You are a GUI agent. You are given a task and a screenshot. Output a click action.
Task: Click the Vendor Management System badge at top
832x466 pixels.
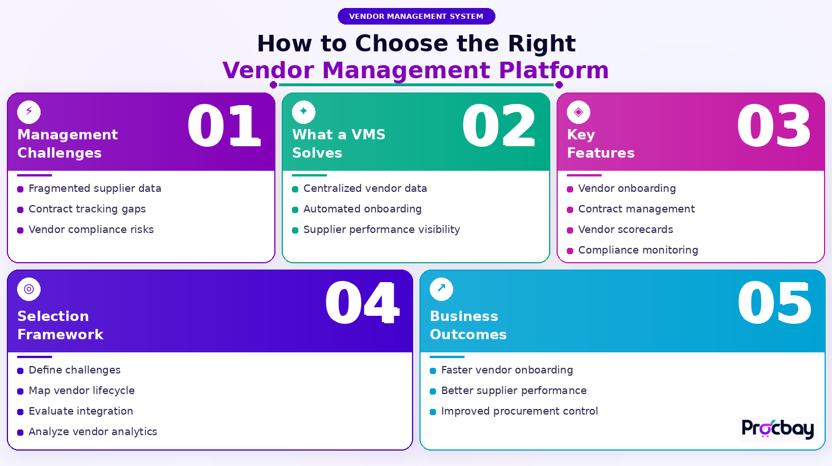point(416,16)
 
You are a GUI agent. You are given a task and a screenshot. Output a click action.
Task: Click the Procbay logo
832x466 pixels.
point(778,429)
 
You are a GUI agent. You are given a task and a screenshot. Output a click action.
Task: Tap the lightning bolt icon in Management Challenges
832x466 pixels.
point(29,111)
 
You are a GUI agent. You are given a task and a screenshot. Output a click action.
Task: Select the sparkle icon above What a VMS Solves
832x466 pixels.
point(303,111)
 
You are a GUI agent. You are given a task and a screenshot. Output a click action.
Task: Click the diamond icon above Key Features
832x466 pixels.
point(578,111)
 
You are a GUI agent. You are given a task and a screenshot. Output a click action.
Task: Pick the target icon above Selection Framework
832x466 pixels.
point(29,289)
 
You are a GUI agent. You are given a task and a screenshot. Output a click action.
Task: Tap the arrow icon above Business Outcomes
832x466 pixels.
point(441,289)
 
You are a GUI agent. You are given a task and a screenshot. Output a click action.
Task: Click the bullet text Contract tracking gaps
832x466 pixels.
point(87,209)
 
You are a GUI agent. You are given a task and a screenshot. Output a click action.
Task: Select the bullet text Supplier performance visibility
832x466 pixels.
point(381,230)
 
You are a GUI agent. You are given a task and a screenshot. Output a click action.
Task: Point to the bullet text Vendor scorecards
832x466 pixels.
point(625,230)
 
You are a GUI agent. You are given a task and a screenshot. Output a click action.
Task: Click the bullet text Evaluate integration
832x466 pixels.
point(81,411)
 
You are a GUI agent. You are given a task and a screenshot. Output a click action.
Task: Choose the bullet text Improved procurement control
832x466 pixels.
point(519,411)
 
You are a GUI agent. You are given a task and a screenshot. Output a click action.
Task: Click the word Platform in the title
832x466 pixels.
point(553,71)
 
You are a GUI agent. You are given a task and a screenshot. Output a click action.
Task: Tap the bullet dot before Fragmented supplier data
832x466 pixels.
point(21,189)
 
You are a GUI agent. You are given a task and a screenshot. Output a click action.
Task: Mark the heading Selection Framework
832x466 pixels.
point(60,325)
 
